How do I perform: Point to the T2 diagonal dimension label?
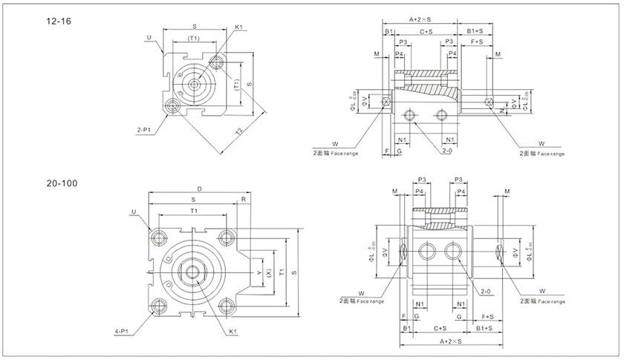[239, 131]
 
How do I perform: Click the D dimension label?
[199, 189]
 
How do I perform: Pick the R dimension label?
[243, 200]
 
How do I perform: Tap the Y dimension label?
[259, 272]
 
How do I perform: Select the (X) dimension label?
[268, 272]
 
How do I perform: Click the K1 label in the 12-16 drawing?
[240, 27]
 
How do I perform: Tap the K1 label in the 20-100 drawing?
[233, 331]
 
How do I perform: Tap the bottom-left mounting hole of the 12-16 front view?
[175, 106]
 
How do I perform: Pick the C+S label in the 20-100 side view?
[439, 327]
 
